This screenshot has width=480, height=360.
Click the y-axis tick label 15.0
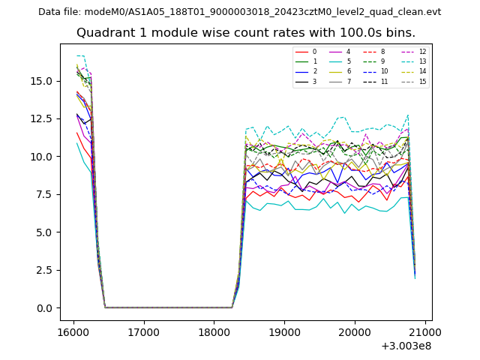tap(41, 81)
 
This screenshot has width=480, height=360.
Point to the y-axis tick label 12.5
tap(41, 118)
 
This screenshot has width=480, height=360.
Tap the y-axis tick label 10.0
tap(41, 157)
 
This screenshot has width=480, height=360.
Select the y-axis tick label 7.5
tap(44, 194)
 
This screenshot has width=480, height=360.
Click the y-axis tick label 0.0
tap(44, 307)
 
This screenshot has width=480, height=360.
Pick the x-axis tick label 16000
tap(73, 331)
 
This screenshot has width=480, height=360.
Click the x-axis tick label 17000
tap(143, 331)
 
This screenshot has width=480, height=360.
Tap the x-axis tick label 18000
tap(214, 331)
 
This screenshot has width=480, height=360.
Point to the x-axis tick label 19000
tap(284, 331)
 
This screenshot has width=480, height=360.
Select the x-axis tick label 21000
tap(425, 331)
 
